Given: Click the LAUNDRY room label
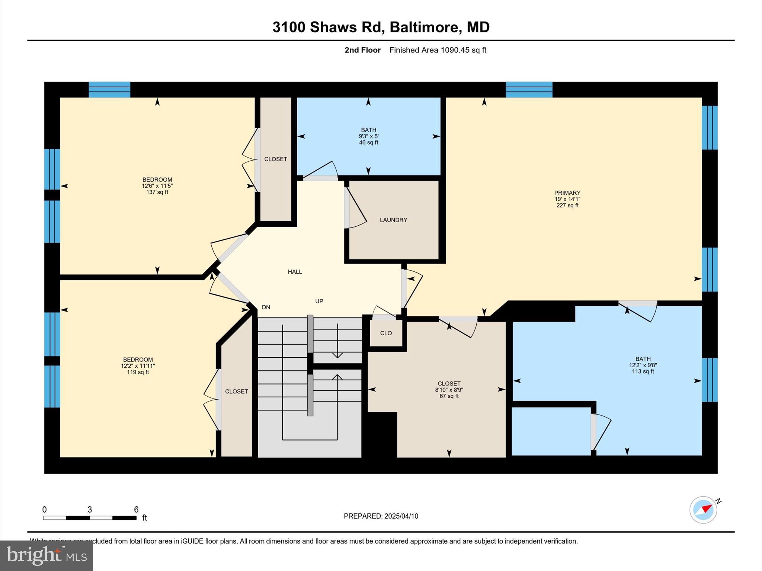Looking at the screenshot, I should (393, 220).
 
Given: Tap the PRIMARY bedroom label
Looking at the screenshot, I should (567, 193).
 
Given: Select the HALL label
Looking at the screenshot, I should (295, 272).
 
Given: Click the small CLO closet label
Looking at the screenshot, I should (386, 333).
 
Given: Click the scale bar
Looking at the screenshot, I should (89, 518).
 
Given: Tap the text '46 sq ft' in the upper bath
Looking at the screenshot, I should (368, 143).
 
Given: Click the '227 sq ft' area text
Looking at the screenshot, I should (567, 206).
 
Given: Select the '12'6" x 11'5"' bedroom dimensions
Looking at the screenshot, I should (157, 186).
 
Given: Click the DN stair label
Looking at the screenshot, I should (266, 307).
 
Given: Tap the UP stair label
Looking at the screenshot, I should (319, 301).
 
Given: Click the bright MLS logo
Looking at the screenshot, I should (46, 556).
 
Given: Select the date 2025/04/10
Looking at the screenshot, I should (401, 516).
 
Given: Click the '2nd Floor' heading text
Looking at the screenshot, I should (362, 50).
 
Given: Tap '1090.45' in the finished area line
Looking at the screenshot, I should (455, 50).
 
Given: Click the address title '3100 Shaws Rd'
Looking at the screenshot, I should (324, 27).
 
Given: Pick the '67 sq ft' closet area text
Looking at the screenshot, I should (449, 396).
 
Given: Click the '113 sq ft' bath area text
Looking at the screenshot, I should (643, 371).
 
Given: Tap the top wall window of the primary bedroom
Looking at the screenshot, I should (529, 90).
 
